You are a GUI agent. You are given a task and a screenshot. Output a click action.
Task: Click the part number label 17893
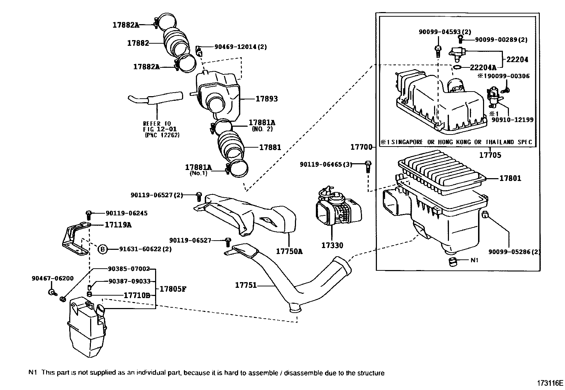[x=267, y=99]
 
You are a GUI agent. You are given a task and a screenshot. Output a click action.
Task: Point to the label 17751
[x=246, y=285]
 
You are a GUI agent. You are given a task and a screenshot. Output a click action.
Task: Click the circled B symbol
[x=102, y=249]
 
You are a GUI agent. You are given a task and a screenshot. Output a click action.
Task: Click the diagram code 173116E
[x=550, y=383]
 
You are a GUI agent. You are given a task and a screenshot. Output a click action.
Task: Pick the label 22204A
[x=483, y=67]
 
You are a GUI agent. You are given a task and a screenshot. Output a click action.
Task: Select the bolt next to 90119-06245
[x=89, y=214]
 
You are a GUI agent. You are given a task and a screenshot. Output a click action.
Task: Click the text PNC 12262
[x=162, y=135]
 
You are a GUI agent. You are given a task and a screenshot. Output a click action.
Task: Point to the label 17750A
[x=289, y=252]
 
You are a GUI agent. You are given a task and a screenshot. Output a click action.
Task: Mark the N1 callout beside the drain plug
[x=474, y=260]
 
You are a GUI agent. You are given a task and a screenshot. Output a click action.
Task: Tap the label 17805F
[x=172, y=289]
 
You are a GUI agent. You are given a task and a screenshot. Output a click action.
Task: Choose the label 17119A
[x=118, y=225]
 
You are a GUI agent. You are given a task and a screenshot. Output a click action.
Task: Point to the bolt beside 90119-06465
[x=368, y=166]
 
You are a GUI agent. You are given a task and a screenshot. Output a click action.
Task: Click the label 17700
[x=361, y=147]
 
